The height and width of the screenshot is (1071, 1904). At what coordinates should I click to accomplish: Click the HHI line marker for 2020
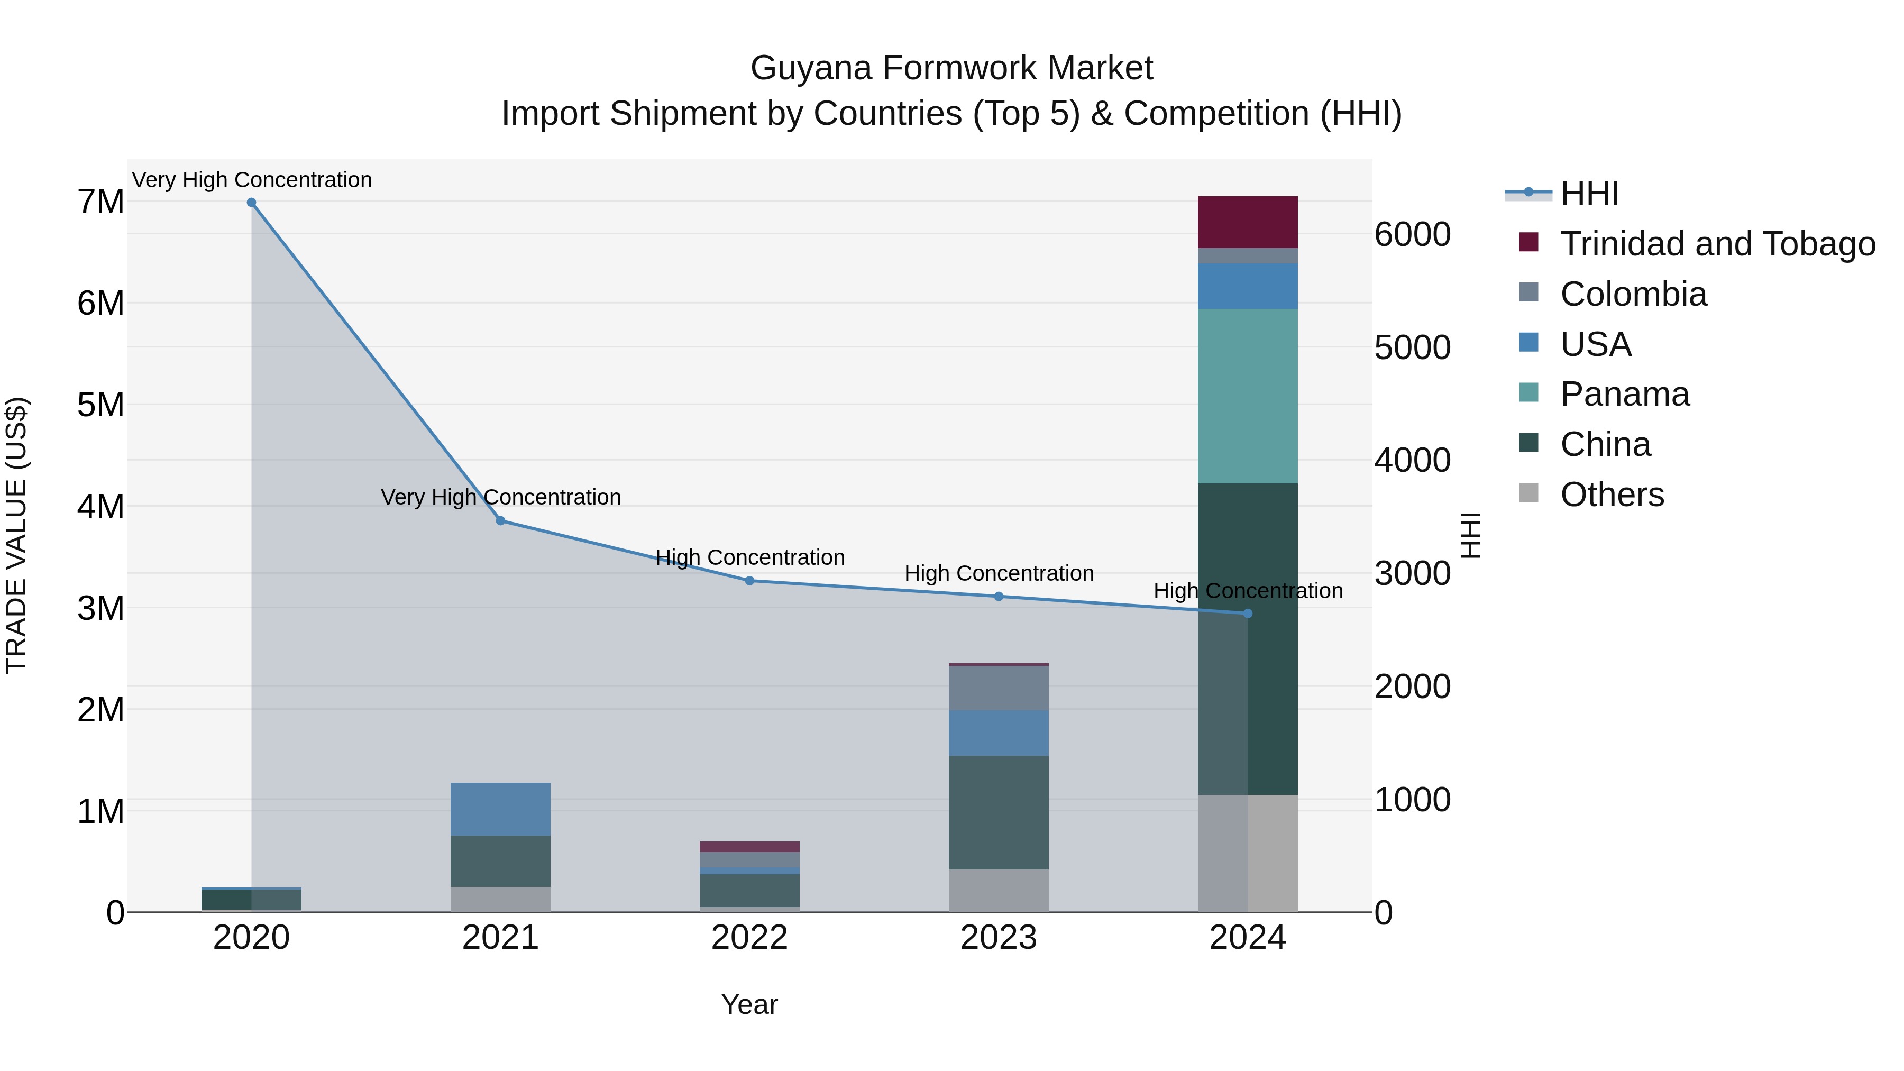pyautogui.click(x=251, y=203)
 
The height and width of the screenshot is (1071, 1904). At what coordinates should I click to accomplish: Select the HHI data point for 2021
pyautogui.click(x=500, y=521)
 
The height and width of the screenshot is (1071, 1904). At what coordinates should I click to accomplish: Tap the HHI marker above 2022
pyautogui.click(x=749, y=581)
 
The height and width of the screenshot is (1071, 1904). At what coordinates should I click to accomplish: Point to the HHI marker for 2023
pyautogui.click(x=999, y=597)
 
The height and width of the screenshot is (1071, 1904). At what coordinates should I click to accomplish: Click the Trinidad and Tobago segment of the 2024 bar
pyautogui.click(x=1248, y=222)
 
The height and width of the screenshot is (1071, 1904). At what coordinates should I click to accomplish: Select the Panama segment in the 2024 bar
pyautogui.click(x=1248, y=396)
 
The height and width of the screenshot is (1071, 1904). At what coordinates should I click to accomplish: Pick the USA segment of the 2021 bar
pyautogui.click(x=500, y=809)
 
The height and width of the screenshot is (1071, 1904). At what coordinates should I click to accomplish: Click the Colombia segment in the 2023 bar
pyautogui.click(x=999, y=688)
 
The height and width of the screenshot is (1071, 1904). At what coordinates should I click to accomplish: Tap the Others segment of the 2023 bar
pyautogui.click(x=999, y=891)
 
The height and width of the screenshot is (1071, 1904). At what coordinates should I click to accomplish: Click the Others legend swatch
pyautogui.click(x=1528, y=493)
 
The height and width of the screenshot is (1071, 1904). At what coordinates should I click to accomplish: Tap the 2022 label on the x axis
pyautogui.click(x=749, y=938)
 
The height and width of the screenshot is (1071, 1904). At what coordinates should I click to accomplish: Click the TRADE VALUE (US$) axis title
pyautogui.click(x=16, y=535)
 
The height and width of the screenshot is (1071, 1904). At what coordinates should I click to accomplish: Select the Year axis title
pyautogui.click(x=749, y=1004)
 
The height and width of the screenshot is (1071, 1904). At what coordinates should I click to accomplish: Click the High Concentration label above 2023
pyautogui.click(x=999, y=573)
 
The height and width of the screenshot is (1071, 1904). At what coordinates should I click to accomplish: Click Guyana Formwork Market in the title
pyautogui.click(x=951, y=68)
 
